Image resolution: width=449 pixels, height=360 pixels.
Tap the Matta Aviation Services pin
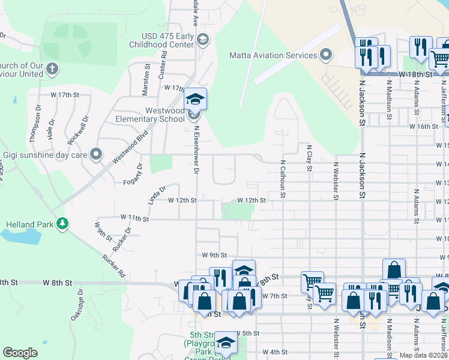point(327,55)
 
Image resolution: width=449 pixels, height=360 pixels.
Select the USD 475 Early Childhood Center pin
point(203,40)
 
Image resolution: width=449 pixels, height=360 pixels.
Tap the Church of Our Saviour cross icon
point(52,68)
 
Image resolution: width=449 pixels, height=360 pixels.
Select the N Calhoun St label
point(282,178)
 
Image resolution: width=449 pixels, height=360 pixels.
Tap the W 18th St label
point(417,74)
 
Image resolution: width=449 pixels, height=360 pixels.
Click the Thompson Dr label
point(37,123)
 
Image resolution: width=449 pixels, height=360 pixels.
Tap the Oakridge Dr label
point(77,308)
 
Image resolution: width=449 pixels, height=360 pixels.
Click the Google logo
point(20,353)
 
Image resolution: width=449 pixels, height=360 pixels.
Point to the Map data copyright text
point(424,355)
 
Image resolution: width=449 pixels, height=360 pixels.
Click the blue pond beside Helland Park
point(18,235)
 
